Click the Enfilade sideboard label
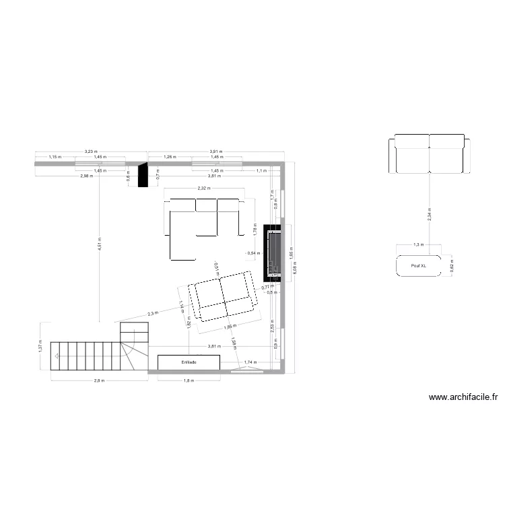[x=189, y=362]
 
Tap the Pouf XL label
[x=423, y=266]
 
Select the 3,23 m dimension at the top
[x=91, y=151]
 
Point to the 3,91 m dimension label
[x=216, y=151]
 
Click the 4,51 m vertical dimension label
[x=99, y=243]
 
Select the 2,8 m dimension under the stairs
[x=99, y=381]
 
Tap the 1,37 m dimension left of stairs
[x=41, y=347]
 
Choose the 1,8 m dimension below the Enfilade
[x=189, y=381]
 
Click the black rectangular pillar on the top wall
[x=142, y=175]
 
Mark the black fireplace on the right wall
[x=271, y=252]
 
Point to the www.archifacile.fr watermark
[x=463, y=398]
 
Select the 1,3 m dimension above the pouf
[x=417, y=245]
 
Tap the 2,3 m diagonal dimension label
[x=153, y=313]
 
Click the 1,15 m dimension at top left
[x=55, y=158]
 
